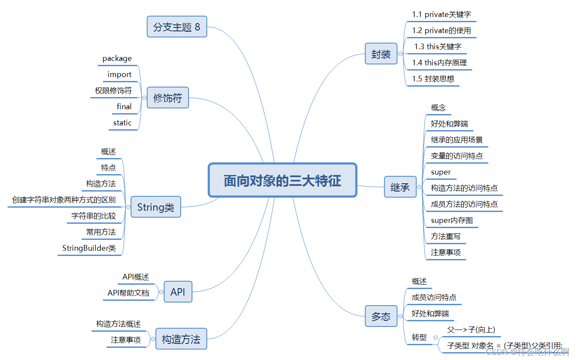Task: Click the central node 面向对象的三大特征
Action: [283, 180]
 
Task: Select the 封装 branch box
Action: [381, 54]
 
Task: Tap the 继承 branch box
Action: [400, 187]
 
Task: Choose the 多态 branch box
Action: [381, 316]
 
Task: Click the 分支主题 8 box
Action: [177, 27]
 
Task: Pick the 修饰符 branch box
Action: [168, 98]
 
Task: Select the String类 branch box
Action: [155, 207]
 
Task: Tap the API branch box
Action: [178, 292]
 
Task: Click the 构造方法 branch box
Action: [181, 339]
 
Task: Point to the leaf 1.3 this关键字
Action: [438, 47]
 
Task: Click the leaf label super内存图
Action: [451, 220]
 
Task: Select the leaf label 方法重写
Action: [445, 236]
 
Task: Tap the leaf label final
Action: [124, 107]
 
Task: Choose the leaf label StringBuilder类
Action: [89, 248]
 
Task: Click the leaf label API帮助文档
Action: [128, 293]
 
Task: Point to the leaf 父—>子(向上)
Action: [471, 330]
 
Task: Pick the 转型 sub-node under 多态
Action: [419, 337]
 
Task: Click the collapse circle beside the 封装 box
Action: [401, 54]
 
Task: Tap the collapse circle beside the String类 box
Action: [128, 207]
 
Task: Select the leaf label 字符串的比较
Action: [94, 216]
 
